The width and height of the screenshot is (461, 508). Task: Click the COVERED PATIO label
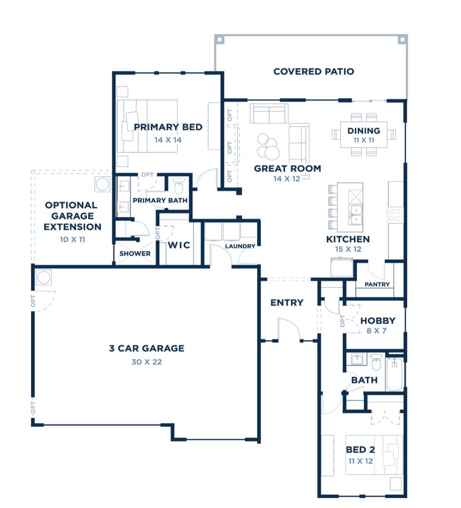tap(313, 71)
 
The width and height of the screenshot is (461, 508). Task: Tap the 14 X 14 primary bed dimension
tap(168, 140)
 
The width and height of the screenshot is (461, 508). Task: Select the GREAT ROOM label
tap(287, 168)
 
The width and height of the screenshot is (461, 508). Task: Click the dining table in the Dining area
tap(364, 134)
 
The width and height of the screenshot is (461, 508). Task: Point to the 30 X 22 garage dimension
tap(146, 362)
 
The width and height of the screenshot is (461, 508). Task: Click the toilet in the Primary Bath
tap(179, 186)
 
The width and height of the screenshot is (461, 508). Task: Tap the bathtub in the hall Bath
tap(394, 374)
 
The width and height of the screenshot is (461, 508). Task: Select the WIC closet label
tap(179, 245)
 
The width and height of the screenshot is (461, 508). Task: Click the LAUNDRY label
tap(240, 246)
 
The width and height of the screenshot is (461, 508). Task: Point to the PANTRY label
tap(377, 284)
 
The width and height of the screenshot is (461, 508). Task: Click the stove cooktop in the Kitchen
tap(396, 215)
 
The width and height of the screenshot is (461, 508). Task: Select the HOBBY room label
tap(378, 320)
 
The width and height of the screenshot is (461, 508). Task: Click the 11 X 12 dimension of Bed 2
tap(360, 461)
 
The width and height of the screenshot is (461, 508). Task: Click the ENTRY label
tap(287, 303)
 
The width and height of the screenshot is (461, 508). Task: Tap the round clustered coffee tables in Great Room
tap(268, 147)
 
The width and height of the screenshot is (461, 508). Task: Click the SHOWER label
tap(135, 254)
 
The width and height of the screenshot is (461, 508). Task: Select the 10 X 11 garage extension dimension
tap(72, 239)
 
